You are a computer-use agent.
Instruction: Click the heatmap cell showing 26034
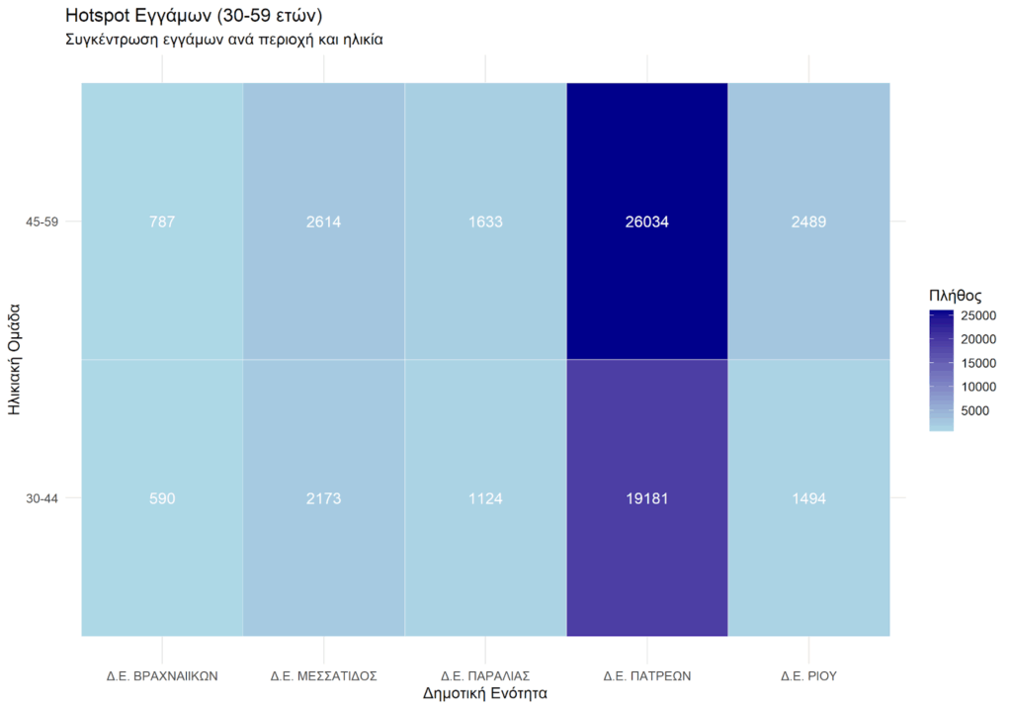pos(647,222)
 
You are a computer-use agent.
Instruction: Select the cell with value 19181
pos(647,499)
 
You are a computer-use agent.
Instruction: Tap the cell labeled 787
pos(162,222)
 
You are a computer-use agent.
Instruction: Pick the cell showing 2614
pos(324,222)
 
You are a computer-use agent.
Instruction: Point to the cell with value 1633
pos(485,222)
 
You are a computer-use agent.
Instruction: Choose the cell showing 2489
pos(808,222)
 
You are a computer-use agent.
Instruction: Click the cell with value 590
pos(162,499)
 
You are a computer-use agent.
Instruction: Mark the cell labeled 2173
pos(324,499)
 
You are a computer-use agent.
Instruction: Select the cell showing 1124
pos(485,499)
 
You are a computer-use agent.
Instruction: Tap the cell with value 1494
pos(808,499)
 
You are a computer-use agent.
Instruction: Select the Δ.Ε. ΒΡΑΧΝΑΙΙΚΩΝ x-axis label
pos(162,676)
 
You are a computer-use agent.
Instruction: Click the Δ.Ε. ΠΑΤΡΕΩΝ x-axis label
pos(647,676)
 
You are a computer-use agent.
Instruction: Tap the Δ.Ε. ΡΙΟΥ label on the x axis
pos(808,676)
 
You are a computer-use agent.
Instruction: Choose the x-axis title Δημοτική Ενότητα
pos(485,694)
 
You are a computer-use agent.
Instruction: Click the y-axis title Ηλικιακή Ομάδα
pos(15,360)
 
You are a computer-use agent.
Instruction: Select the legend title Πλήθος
pos(955,295)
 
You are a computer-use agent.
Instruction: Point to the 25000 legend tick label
pos(978,316)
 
